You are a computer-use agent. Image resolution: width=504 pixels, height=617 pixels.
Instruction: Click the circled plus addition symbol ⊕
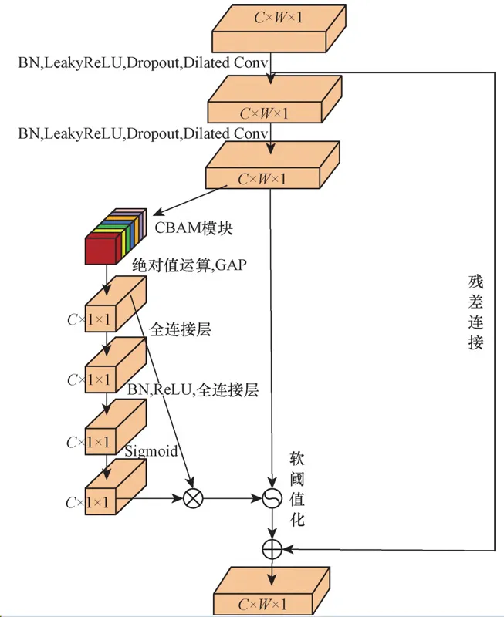[x=272, y=548]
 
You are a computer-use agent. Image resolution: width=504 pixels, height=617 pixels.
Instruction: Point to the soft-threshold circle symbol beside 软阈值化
[x=272, y=498]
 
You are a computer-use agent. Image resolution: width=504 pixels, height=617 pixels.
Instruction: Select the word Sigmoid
[x=151, y=450]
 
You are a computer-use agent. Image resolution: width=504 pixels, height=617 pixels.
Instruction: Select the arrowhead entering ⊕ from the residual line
[x=286, y=548]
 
